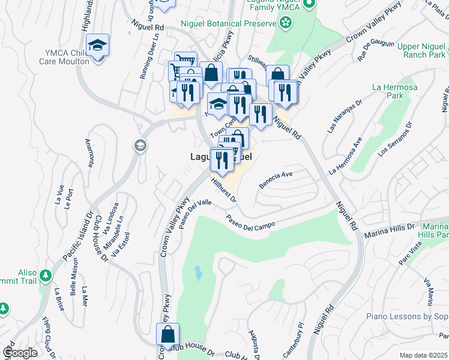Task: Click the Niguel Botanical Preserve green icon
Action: [x=286, y=23]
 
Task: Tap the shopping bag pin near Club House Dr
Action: [x=169, y=334]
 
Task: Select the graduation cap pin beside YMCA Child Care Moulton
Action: [x=97, y=45]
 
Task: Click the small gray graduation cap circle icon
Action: [x=140, y=146]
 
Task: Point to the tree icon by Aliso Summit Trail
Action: [x=46, y=277]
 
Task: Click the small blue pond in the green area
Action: [x=198, y=274]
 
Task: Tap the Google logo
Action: [x=20, y=352]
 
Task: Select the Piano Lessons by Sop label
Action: [x=408, y=316]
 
